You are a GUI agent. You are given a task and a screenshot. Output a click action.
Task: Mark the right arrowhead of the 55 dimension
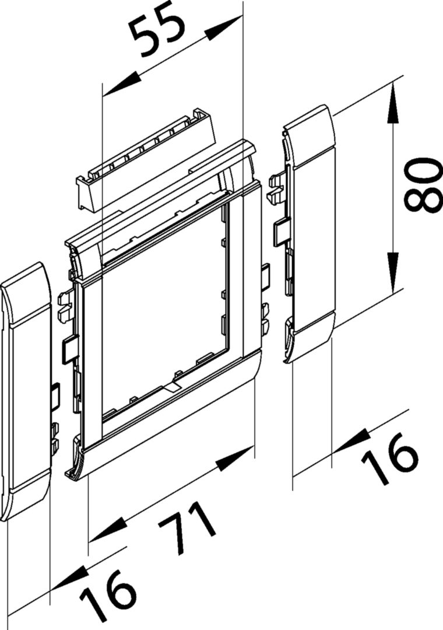click(223, 29)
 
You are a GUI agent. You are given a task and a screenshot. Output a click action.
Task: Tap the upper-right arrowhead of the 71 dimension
click(234, 458)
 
